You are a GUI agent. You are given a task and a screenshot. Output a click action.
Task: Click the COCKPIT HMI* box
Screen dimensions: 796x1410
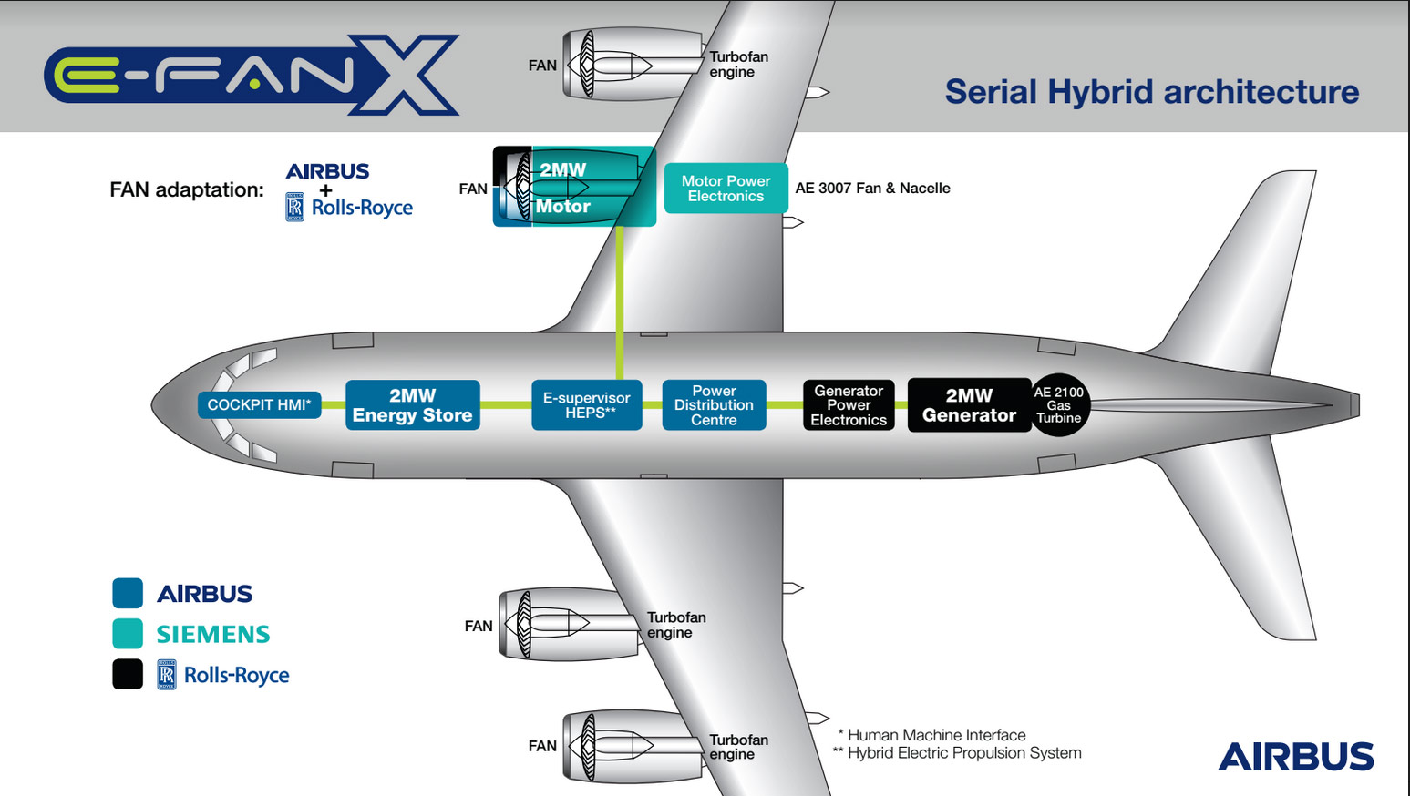pos(259,405)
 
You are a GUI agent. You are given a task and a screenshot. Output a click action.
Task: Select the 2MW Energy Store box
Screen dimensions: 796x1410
pos(412,405)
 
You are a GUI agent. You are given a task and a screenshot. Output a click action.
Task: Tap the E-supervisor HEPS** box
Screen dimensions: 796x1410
pos(586,405)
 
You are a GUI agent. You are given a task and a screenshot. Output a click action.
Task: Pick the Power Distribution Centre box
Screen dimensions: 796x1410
pos(714,405)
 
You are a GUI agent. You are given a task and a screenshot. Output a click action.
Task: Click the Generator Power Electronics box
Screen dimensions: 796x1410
pos(849,405)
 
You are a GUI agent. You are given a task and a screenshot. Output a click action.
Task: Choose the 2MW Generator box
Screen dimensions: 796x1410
pos(969,405)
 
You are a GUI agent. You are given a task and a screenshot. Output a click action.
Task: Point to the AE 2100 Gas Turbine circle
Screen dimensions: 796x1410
pos(1058,405)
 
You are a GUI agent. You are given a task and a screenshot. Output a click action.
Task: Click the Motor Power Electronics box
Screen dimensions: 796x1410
pos(726,189)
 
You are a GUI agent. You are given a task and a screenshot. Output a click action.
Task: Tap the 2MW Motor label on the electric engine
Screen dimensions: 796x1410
pos(563,188)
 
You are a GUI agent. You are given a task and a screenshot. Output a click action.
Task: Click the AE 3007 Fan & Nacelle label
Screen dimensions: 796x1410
pos(872,189)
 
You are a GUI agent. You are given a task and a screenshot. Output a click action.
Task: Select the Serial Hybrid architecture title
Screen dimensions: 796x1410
pos(1151,92)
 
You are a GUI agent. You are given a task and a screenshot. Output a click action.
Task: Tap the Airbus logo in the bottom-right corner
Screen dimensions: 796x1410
pos(1295,757)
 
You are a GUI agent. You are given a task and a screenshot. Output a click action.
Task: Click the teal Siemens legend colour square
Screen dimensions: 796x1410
pos(128,634)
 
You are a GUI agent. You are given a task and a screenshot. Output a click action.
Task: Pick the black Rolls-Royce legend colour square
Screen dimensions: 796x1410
pos(128,675)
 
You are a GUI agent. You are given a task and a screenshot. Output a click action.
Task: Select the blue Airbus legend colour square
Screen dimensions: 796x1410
pos(128,593)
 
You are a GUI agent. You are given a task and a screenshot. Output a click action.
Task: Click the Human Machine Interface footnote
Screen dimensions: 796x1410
pos(931,735)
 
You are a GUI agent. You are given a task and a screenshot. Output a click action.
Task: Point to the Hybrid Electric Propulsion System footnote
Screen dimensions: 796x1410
pos(957,753)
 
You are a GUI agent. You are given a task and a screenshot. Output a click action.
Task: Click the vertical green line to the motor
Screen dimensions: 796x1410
pos(620,301)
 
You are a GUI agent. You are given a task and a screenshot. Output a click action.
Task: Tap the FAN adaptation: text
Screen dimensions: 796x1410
pos(186,189)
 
